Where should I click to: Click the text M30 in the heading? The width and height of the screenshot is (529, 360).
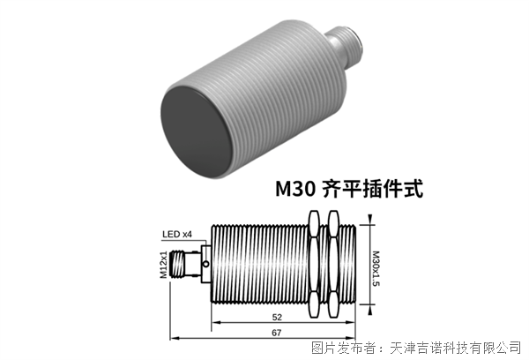(x=294, y=189)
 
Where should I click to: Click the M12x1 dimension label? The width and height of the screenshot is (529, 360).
(x=164, y=264)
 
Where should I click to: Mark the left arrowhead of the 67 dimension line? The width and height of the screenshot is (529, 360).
(x=174, y=338)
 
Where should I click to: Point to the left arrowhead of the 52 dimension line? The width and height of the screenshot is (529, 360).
(x=214, y=322)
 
